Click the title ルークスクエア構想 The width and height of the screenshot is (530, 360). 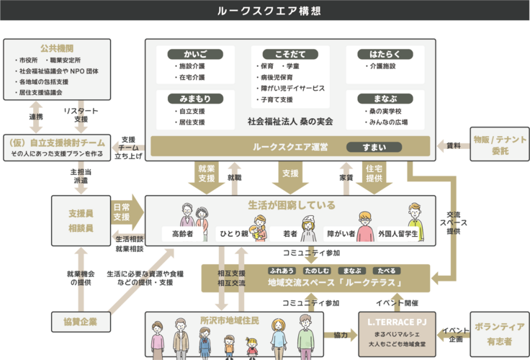tap(265, 12)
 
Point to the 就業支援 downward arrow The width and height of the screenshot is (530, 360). tap(205, 176)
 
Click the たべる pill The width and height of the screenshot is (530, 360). tap(387, 271)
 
